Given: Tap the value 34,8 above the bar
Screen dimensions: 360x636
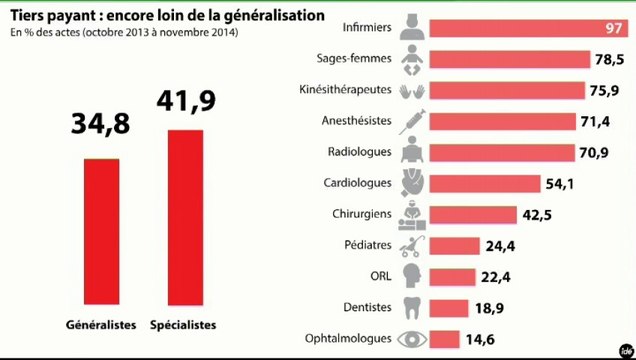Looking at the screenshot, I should pyautogui.click(x=101, y=125).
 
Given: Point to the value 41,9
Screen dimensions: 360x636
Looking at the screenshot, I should pyautogui.click(x=184, y=101).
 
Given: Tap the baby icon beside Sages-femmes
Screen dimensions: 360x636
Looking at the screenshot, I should pyautogui.click(x=410, y=62).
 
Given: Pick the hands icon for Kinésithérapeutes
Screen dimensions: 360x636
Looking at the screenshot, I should pyautogui.click(x=410, y=92).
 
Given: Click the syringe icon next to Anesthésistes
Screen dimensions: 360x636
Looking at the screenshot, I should pyautogui.click(x=410, y=122).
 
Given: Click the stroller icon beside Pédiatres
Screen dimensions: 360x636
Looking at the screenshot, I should pyautogui.click(x=410, y=246).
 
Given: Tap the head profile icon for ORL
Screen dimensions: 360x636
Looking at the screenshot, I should pyautogui.click(x=410, y=277).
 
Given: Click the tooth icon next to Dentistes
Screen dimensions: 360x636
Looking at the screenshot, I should pyautogui.click(x=410, y=308).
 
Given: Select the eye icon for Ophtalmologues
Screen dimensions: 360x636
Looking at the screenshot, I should pyautogui.click(x=410, y=339).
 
